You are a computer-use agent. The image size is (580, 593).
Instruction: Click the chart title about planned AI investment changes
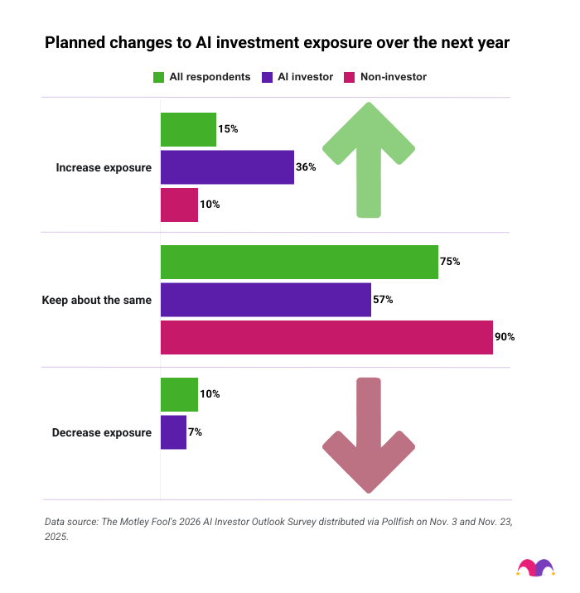[x=277, y=42]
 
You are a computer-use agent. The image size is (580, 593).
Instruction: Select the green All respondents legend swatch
[x=158, y=77]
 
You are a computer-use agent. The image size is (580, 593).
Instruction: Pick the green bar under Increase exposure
[x=188, y=129]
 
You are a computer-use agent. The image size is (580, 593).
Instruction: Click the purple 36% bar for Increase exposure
[x=227, y=166]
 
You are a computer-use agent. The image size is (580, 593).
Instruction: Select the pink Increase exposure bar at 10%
[x=179, y=205]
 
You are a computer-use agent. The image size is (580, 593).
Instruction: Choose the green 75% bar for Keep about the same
[x=299, y=262]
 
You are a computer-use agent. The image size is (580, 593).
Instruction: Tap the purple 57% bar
[x=265, y=300]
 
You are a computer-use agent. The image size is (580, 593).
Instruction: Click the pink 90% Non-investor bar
[x=326, y=337]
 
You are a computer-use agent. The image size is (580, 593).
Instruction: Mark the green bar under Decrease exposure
[x=179, y=394]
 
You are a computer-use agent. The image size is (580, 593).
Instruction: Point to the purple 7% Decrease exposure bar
[x=173, y=432]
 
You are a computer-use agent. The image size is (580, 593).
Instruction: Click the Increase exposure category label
[x=104, y=167]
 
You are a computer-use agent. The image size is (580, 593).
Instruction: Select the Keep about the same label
[x=96, y=300]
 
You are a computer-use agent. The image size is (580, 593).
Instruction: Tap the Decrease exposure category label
[x=102, y=432]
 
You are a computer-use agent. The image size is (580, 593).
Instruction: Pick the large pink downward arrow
[x=368, y=439]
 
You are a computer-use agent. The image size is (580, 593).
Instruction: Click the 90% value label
[x=505, y=337]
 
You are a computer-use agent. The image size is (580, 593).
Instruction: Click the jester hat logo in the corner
[x=535, y=567]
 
